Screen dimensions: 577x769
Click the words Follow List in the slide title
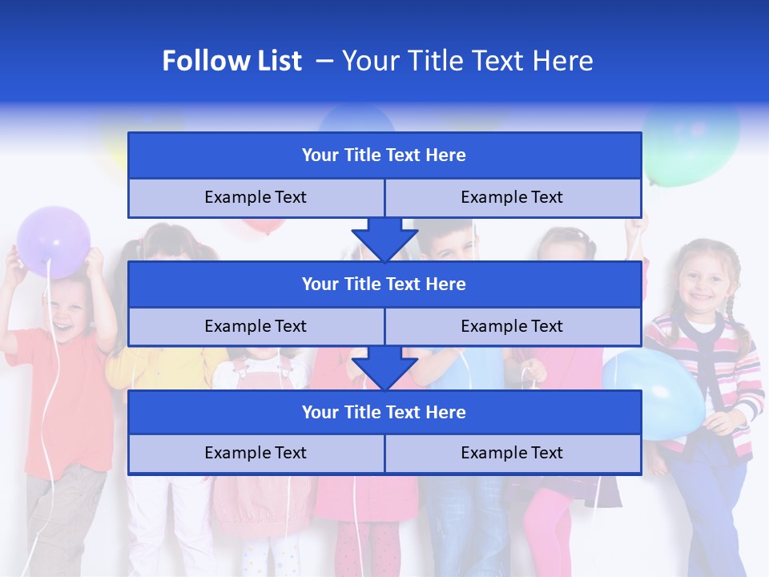pos(232,61)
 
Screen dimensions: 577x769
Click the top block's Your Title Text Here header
pos(384,155)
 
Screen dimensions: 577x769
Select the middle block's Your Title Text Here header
pos(384,284)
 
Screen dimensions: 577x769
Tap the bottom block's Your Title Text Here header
pos(384,412)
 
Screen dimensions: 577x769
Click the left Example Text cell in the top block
pos(256,197)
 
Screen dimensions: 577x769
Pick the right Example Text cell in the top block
pos(512,197)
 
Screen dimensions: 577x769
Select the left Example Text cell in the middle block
pos(256,326)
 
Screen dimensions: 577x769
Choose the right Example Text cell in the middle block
pos(512,326)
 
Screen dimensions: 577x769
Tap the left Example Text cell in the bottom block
pos(256,453)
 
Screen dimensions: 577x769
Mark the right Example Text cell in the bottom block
pos(512,453)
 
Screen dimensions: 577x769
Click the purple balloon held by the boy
pos(54,241)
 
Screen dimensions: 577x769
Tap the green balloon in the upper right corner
pos(690,144)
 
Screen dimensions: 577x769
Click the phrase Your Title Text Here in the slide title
pos(467,61)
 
